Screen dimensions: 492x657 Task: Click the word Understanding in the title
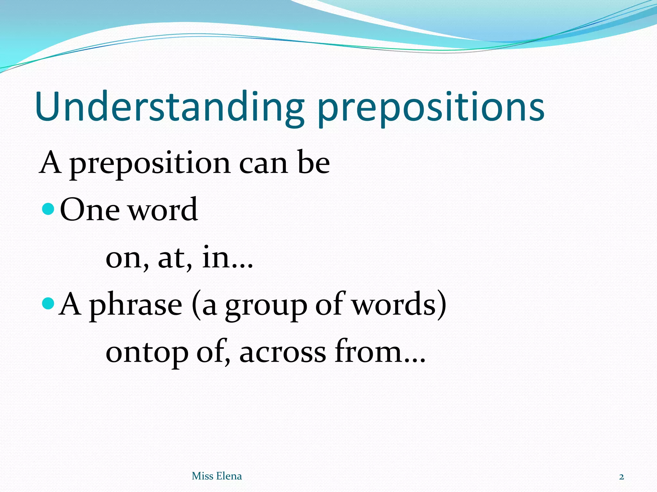(169, 107)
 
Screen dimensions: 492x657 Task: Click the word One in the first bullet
(90, 210)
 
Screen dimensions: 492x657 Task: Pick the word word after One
(163, 210)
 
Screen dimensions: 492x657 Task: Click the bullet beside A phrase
(49, 303)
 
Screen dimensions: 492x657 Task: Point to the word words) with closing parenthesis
(399, 305)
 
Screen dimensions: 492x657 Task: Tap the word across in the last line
(283, 353)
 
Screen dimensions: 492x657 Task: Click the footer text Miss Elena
(217, 476)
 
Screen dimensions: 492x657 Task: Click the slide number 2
(621, 477)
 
